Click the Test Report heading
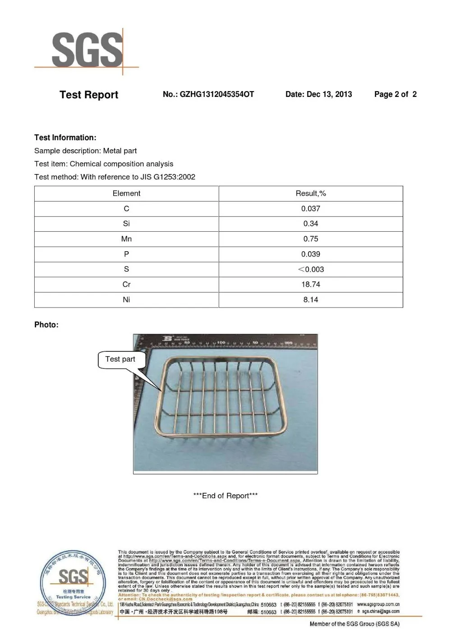point(89,95)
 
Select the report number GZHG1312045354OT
point(208,94)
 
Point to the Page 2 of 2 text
point(395,94)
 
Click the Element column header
point(126,193)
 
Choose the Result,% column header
point(310,193)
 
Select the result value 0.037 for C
point(310,209)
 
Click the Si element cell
point(126,224)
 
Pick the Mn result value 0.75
point(310,239)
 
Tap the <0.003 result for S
point(310,269)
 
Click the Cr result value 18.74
point(310,285)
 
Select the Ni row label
point(126,300)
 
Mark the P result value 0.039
point(310,254)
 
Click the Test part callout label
point(120,359)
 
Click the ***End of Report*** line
point(225,496)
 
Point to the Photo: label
point(46,325)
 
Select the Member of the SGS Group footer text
point(354,624)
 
